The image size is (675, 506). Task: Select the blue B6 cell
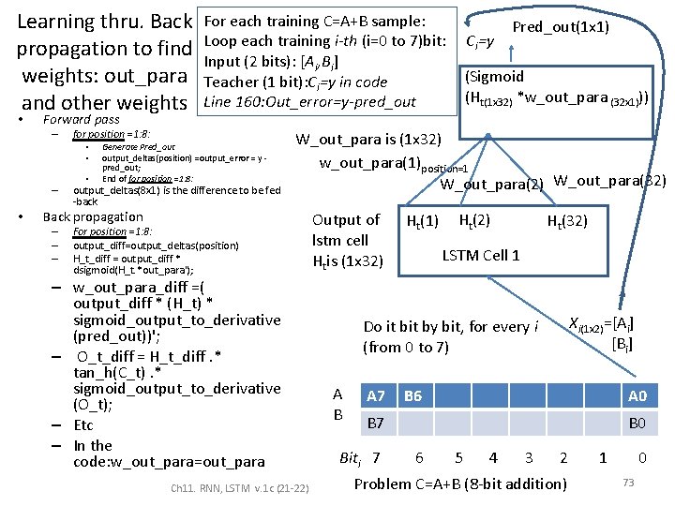(412, 396)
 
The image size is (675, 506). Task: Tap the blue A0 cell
(637, 396)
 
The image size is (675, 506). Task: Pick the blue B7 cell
(375, 424)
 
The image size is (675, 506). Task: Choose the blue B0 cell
(637, 424)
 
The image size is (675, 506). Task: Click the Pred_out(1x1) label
(561, 27)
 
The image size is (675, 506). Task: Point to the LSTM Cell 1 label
(481, 255)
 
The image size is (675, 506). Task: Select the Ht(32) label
(567, 221)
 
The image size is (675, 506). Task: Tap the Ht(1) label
(422, 221)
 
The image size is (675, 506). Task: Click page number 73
(630, 482)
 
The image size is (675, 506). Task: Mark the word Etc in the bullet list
(83, 425)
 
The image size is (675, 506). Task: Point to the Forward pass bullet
(82, 119)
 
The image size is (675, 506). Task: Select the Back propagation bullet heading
(93, 216)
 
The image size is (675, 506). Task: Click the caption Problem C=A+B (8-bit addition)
(460, 484)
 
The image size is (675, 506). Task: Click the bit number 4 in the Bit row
(493, 458)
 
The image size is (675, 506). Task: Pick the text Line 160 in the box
(232, 101)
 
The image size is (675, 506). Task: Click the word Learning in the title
(62, 21)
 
